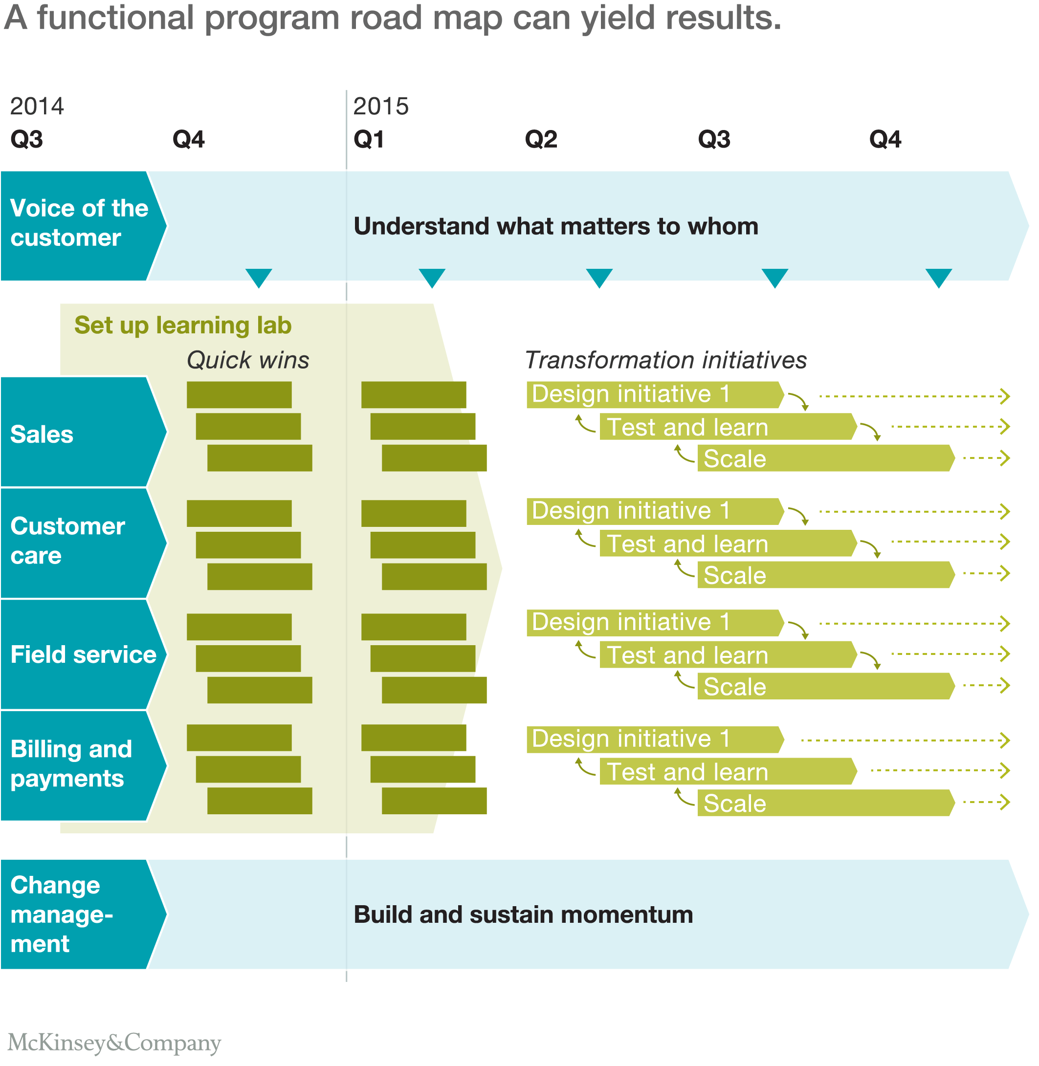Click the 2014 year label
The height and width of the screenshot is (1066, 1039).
tap(37, 107)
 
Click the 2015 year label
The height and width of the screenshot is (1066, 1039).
tap(380, 107)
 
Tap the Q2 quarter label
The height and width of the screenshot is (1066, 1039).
tap(540, 140)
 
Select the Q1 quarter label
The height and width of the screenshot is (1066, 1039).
tap(368, 140)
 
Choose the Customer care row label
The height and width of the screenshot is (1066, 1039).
tap(67, 541)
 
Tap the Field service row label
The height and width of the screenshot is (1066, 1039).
tap(83, 654)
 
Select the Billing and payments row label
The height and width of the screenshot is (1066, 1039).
tap(71, 764)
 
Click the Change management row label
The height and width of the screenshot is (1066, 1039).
tap(61, 914)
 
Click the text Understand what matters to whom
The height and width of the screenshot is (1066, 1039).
tap(555, 226)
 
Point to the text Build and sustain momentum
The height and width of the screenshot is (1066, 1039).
tap(523, 915)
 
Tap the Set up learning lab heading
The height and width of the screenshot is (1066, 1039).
tap(183, 325)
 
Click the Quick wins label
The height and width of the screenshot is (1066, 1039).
tap(248, 361)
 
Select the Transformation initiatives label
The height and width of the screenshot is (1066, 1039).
tap(665, 361)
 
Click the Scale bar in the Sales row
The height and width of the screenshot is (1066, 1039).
tap(824, 459)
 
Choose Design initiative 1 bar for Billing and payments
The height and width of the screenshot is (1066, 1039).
tap(654, 739)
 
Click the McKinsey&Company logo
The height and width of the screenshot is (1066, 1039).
tap(114, 1042)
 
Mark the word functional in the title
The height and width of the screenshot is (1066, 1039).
tap(115, 18)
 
